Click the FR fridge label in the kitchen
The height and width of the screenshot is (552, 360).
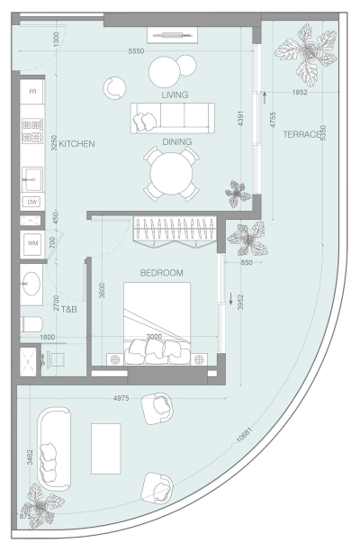pyautogui.click(x=32, y=93)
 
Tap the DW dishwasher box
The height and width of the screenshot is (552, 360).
pyautogui.click(x=32, y=202)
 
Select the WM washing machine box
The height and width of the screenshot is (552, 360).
pyautogui.click(x=32, y=243)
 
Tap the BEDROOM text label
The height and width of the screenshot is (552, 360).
pyautogui.click(x=162, y=273)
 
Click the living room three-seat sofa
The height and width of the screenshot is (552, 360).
pyautogui.click(x=172, y=118)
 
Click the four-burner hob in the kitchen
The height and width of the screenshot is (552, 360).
pyautogui.click(x=32, y=131)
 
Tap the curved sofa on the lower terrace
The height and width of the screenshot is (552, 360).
pyautogui.click(x=53, y=448)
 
